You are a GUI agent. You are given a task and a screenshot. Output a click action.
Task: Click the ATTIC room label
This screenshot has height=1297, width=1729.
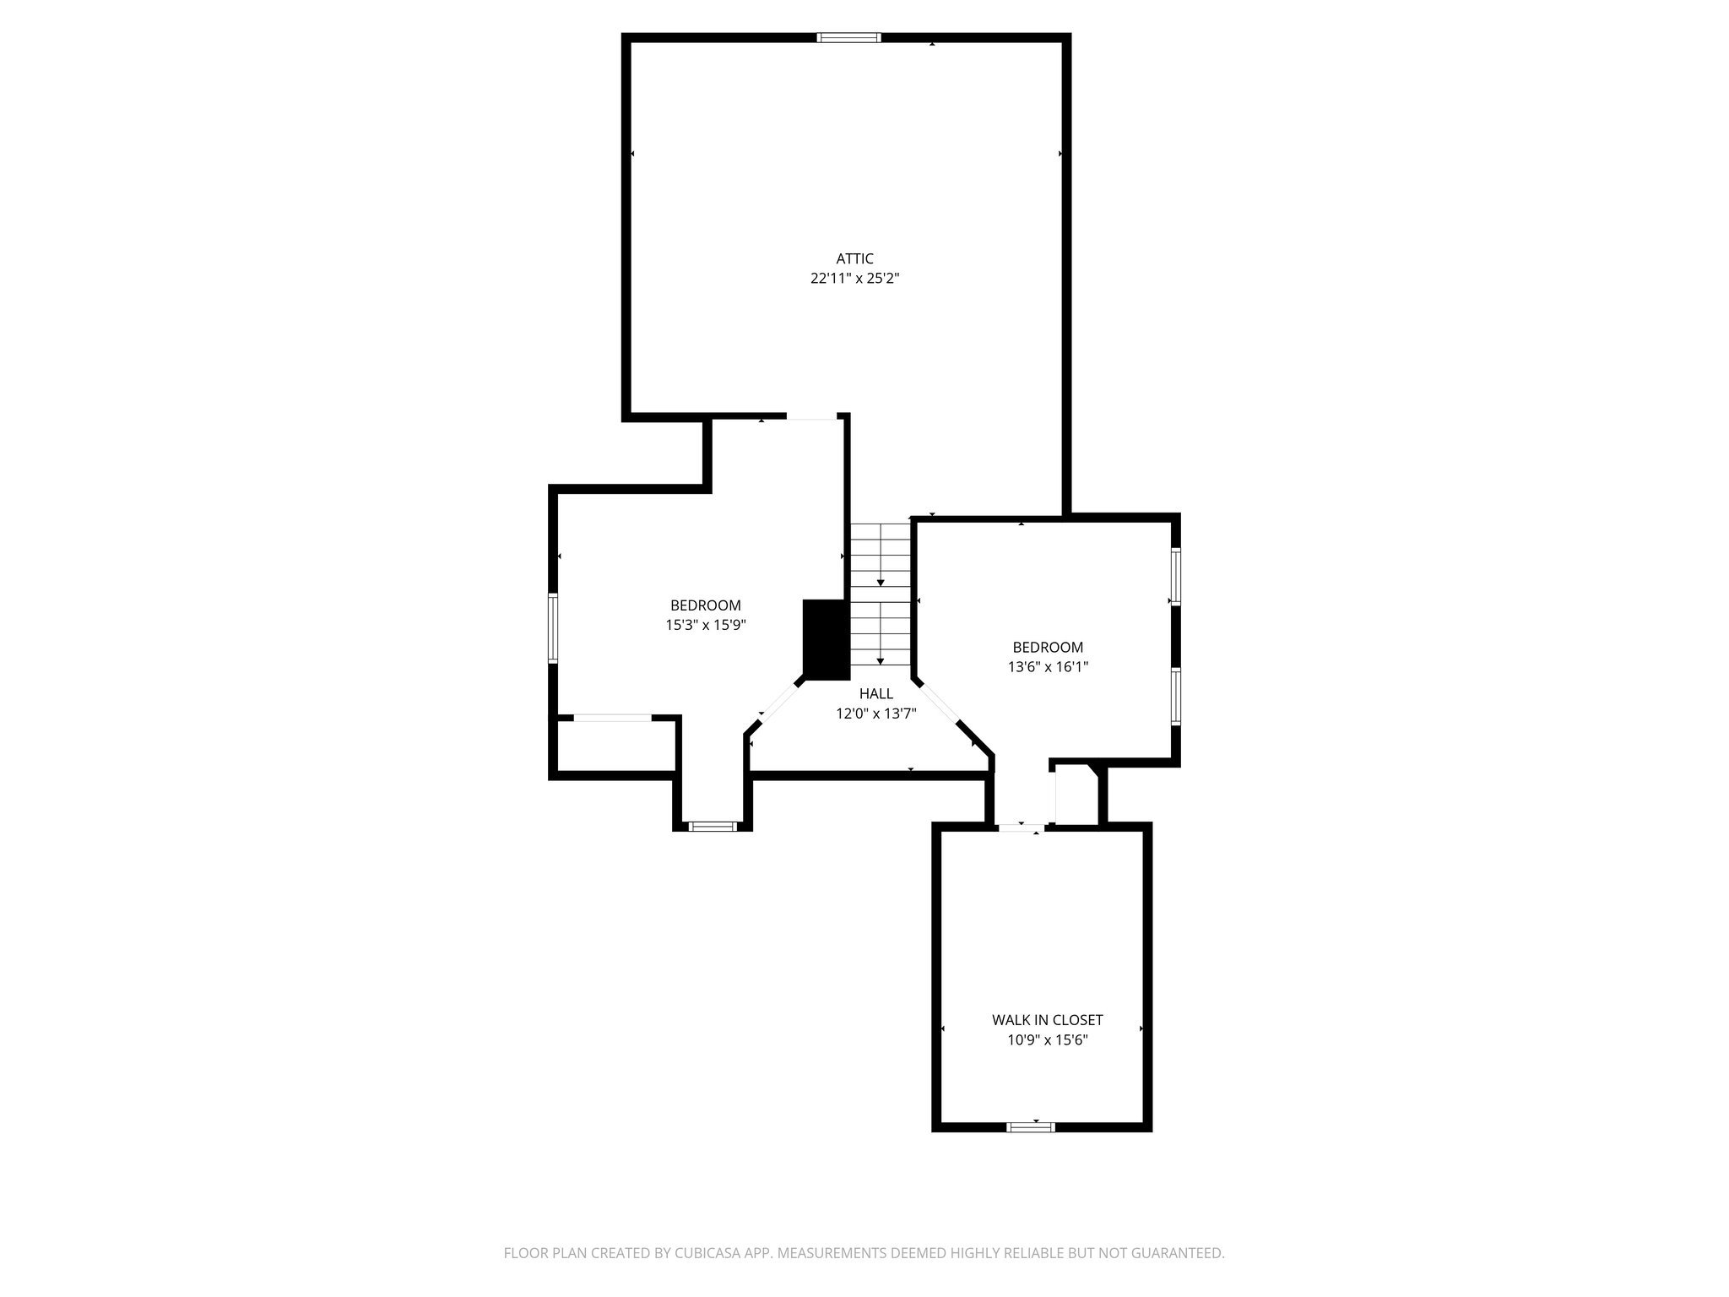(854, 258)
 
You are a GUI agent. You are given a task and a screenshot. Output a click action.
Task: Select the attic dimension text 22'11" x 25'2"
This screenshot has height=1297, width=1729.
(854, 278)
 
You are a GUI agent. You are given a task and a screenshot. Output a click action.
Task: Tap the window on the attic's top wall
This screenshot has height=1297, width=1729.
(848, 37)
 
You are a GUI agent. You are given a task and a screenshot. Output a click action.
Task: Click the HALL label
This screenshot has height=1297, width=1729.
(875, 693)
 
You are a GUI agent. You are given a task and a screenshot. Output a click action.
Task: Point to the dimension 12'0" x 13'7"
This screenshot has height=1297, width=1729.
(875, 713)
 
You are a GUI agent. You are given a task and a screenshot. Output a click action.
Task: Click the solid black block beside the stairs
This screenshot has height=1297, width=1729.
(825, 638)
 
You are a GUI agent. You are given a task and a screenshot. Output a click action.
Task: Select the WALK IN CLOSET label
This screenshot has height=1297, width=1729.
(1047, 1020)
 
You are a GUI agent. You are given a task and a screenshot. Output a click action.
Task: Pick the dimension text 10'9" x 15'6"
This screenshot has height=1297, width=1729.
(1047, 1039)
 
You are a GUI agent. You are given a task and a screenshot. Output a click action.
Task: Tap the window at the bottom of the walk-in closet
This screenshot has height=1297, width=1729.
(1031, 1126)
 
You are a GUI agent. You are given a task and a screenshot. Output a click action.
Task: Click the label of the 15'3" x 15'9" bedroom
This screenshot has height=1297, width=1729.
(705, 605)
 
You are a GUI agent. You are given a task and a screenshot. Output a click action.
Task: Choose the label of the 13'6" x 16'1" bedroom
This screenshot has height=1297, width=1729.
(1048, 648)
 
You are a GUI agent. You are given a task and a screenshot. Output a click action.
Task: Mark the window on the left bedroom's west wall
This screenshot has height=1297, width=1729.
(553, 627)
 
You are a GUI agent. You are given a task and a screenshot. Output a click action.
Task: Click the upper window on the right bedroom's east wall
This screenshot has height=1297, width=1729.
(1175, 577)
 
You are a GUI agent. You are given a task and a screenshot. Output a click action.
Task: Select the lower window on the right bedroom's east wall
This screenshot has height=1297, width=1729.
(1175, 697)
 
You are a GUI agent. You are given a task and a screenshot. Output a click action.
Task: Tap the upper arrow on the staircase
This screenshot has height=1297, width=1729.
(881, 583)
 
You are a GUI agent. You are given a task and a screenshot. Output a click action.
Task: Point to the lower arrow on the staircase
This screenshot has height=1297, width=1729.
(881, 660)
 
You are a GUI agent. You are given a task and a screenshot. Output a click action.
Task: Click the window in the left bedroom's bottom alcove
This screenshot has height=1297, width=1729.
(713, 826)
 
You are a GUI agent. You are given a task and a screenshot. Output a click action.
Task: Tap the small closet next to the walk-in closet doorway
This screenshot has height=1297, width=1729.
(1074, 794)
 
